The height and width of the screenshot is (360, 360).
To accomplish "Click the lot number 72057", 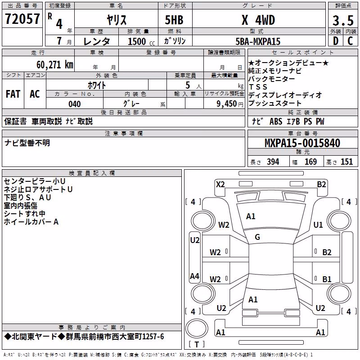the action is (22, 19).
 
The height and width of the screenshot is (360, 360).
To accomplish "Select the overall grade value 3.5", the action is (343, 20).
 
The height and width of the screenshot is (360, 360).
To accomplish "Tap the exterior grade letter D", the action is (336, 41).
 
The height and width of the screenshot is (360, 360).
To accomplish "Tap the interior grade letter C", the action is (350, 41).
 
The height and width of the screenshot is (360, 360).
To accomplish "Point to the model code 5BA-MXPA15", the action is (258, 41).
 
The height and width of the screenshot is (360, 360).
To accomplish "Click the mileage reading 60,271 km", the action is (55, 64).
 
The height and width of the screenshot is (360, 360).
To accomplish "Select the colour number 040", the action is (74, 104).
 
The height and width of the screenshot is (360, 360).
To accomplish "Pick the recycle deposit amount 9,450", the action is (227, 104).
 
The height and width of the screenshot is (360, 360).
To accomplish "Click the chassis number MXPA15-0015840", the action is (302, 143).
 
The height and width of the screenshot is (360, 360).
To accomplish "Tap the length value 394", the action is (273, 162).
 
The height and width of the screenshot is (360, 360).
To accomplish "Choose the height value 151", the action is (346, 162).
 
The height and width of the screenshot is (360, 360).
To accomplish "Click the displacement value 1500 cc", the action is (141, 41).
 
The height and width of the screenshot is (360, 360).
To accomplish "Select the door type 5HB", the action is (174, 20).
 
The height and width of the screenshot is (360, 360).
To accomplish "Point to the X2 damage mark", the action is (220, 184).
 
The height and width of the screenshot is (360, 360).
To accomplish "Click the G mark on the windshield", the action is (257, 237).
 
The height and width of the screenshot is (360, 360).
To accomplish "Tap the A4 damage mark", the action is (194, 276).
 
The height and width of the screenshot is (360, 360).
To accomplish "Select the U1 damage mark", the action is (318, 225).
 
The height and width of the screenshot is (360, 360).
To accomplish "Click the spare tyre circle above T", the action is (197, 328).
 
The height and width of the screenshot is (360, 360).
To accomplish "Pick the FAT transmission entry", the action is (13, 94).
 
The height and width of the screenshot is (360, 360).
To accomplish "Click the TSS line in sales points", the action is (258, 87).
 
